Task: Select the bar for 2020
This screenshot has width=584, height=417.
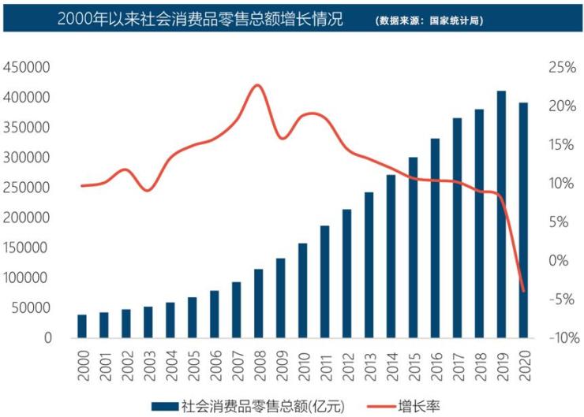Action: (x=523, y=221)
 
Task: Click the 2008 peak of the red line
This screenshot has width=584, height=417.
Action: (x=256, y=85)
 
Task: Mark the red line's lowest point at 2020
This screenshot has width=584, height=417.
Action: (x=523, y=290)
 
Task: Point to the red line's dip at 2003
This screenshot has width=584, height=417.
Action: (x=148, y=191)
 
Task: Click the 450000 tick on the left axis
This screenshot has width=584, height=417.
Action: (x=28, y=68)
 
